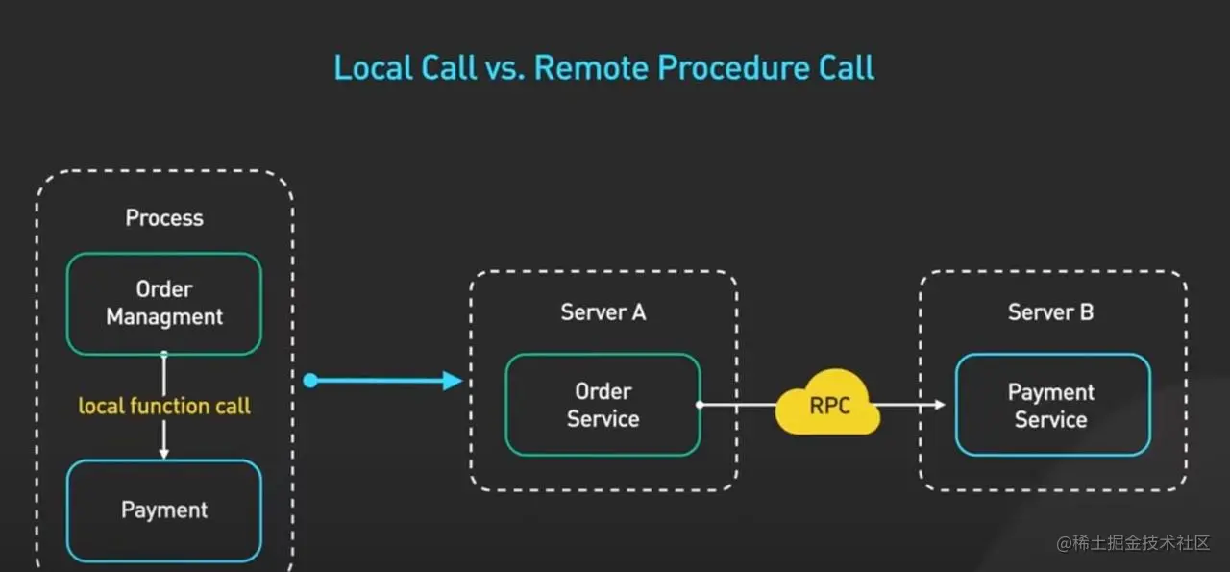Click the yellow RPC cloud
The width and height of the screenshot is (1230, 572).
(828, 406)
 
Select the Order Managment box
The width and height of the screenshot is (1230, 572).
(164, 304)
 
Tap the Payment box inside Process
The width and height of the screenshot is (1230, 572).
(164, 510)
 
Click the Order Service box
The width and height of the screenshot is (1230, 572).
(603, 405)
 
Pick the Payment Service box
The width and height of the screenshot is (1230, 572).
(1052, 406)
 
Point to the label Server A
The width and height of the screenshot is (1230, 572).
(603, 312)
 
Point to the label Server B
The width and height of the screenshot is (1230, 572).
(1050, 312)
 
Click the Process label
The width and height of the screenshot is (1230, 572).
(164, 218)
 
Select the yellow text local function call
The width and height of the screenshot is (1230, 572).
(164, 406)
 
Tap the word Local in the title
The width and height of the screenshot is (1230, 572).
(369, 68)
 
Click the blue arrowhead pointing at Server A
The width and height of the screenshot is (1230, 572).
(454, 381)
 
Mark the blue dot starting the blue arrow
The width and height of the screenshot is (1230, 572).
(310, 381)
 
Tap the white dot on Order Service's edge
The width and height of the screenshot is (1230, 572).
(700, 405)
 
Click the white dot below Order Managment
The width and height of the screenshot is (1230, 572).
(164, 355)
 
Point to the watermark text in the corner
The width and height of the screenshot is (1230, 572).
(1133, 543)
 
